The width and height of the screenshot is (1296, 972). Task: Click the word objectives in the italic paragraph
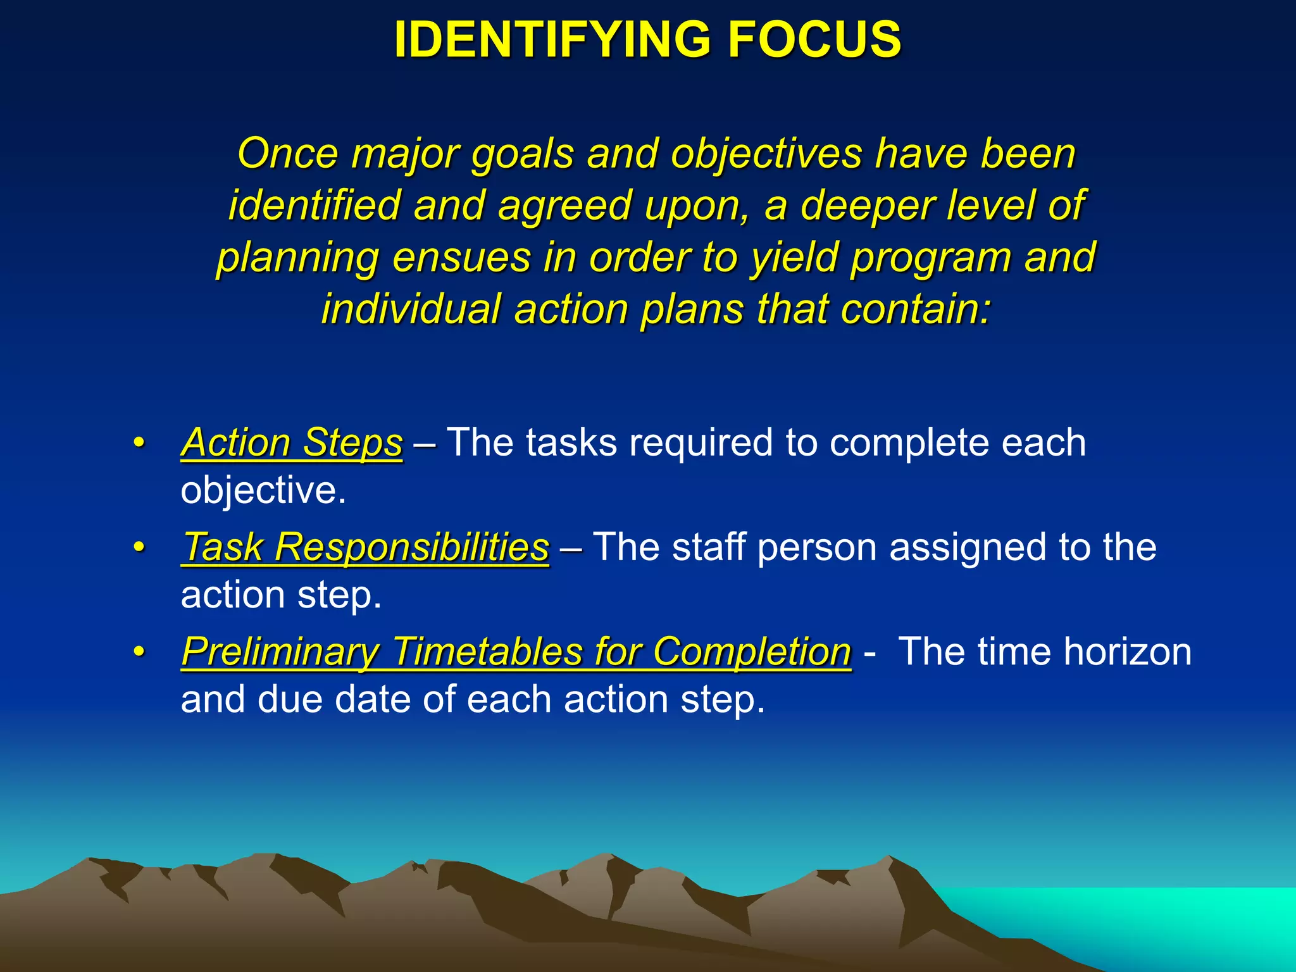coord(766,154)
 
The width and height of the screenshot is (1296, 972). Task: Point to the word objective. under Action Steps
coord(263,490)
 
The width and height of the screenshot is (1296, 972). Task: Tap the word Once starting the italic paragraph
coord(287,154)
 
